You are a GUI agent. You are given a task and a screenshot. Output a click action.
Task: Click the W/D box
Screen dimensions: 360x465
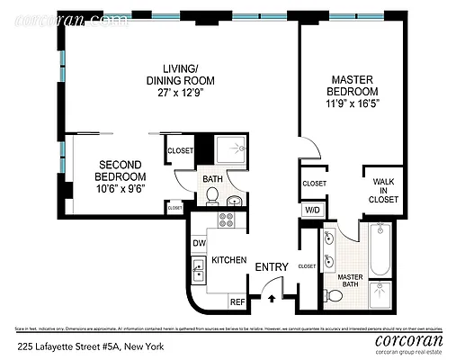point(313,210)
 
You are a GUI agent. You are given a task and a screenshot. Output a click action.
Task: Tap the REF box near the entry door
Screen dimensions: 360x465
point(238,301)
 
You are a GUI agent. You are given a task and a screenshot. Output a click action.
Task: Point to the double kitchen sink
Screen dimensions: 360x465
point(198,268)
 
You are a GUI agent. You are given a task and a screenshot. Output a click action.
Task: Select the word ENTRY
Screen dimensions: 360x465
point(271,266)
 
